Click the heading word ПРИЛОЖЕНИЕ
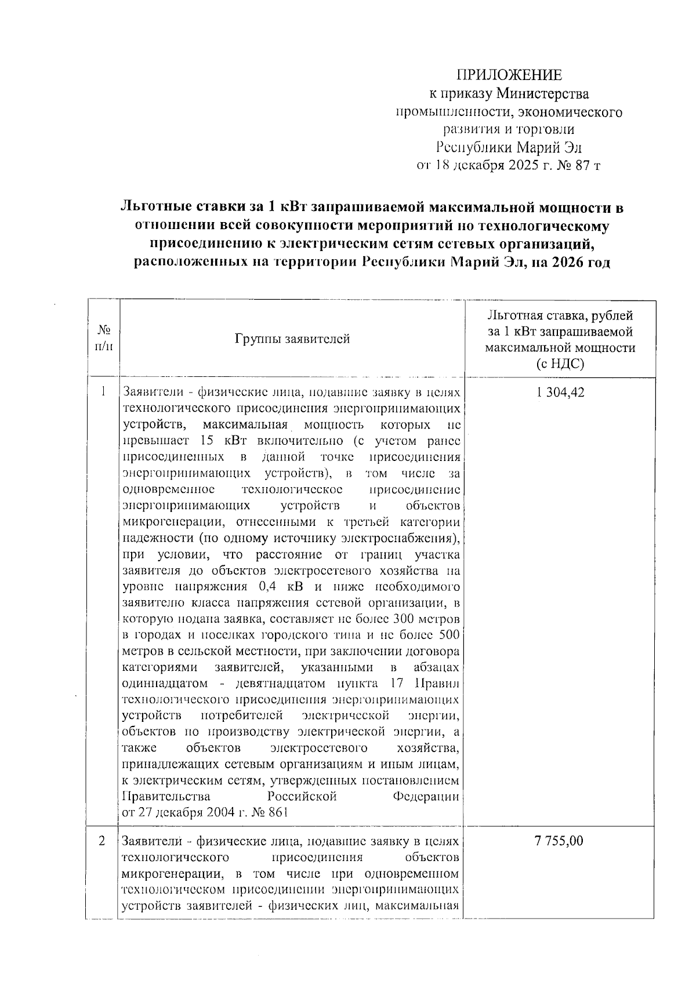(509, 75)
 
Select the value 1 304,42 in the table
(560, 393)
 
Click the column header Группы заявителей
(292, 339)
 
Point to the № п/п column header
(103, 338)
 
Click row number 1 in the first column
(103, 392)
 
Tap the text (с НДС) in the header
(560, 364)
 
